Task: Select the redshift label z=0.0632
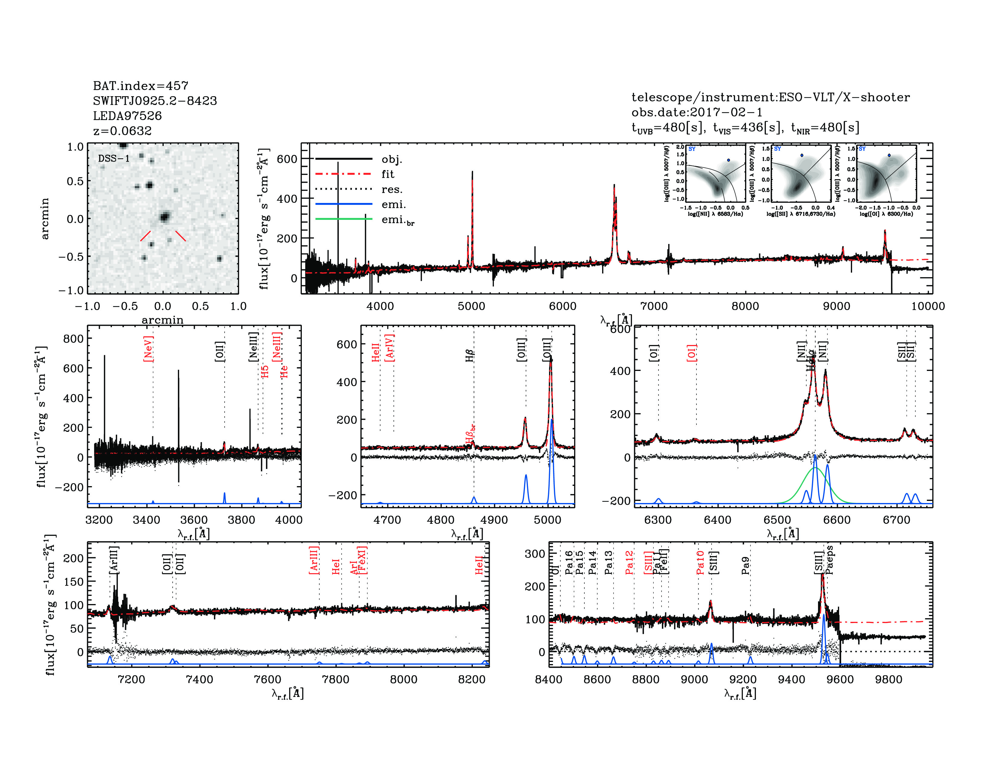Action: (x=122, y=131)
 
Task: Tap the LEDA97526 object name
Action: (x=127, y=116)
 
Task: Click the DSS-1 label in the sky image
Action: (x=114, y=159)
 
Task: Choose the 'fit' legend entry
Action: (x=388, y=174)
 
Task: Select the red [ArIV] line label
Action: (x=390, y=348)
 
